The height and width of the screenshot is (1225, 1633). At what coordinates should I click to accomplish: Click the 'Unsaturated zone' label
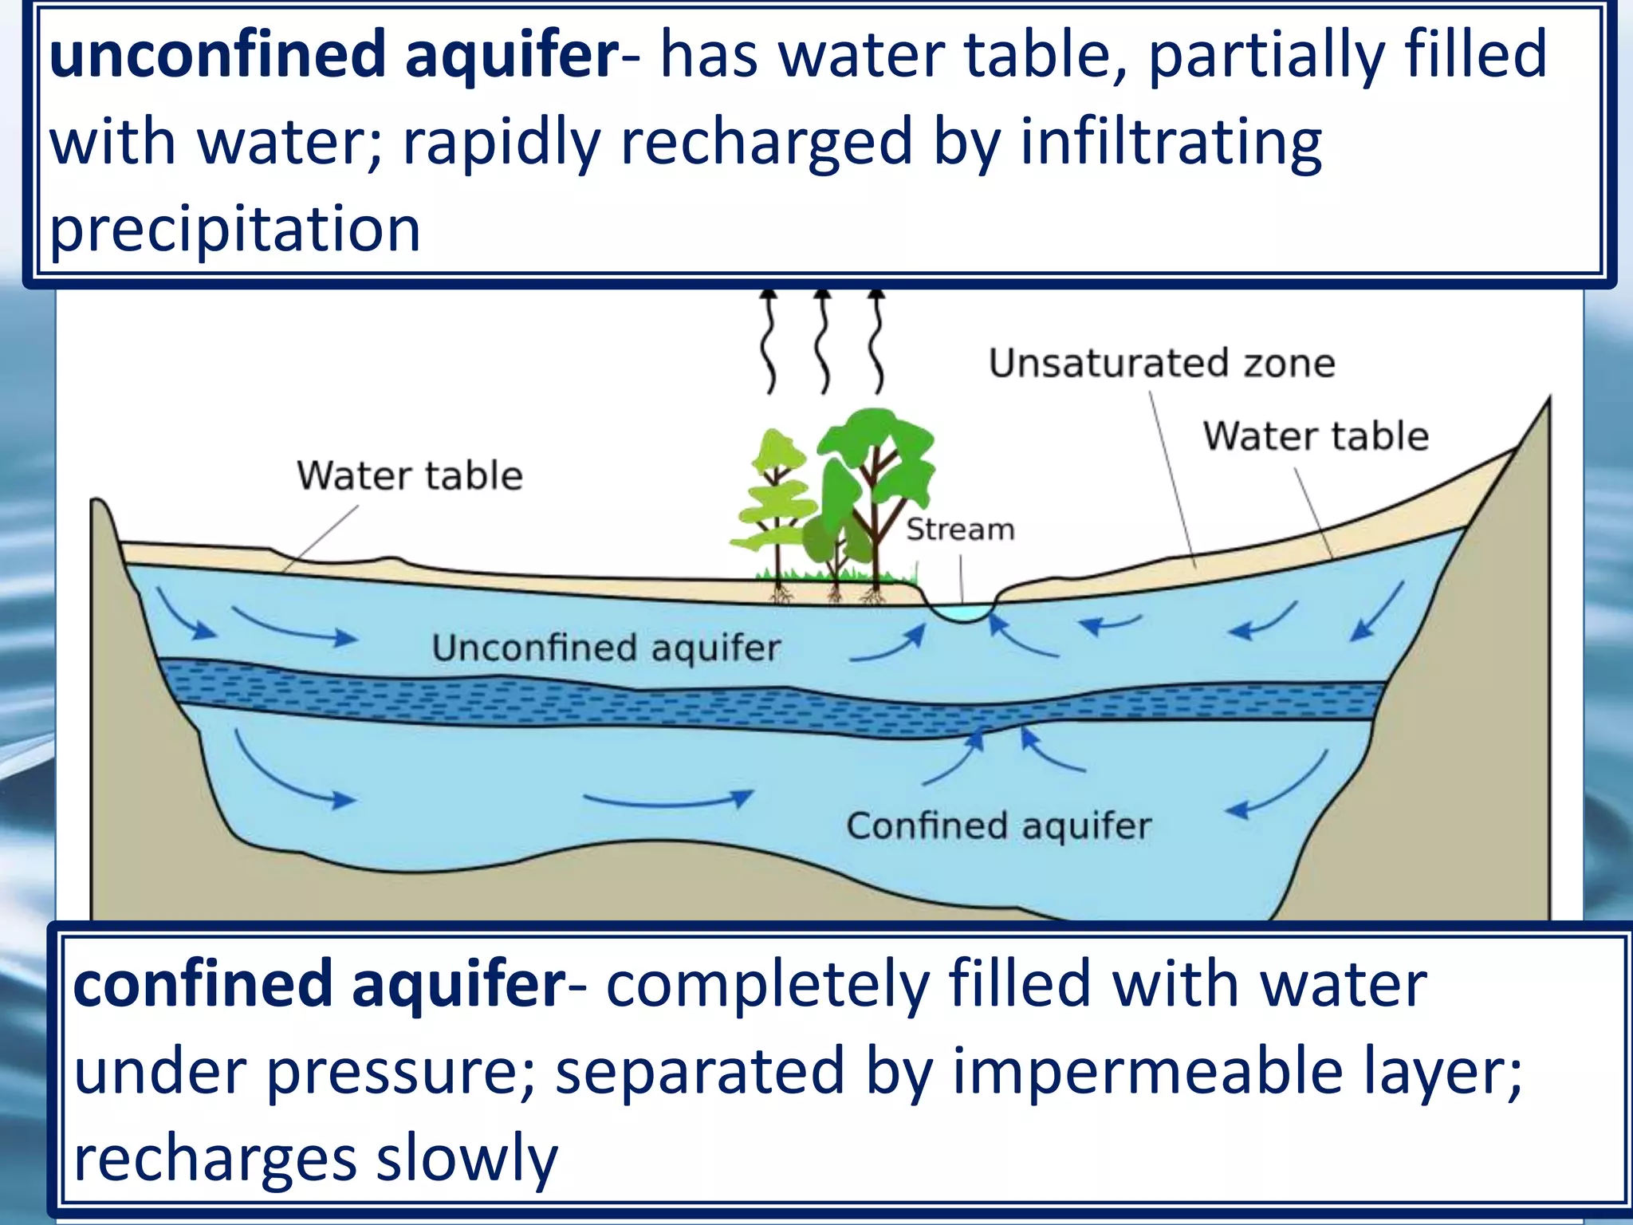tap(1162, 364)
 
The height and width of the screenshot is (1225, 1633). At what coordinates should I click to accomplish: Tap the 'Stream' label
tap(960, 530)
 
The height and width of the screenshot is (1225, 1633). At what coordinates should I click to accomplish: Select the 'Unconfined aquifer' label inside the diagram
tap(606, 648)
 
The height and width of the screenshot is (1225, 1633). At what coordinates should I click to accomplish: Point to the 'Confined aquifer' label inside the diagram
tap(998, 826)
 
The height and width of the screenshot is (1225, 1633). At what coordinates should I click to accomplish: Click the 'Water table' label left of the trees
tap(410, 475)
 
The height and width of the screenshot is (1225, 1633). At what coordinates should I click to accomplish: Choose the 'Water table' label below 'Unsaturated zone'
tap(1316, 436)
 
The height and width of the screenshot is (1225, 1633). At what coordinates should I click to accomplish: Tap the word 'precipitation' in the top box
tap(235, 229)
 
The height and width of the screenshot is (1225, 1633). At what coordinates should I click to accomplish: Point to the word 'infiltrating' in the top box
tap(1171, 142)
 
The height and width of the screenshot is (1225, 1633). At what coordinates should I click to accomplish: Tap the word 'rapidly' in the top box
tap(502, 142)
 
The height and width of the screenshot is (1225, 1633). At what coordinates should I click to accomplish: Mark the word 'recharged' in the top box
tap(766, 142)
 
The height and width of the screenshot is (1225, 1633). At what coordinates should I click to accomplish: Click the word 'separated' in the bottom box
tap(699, 1071)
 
